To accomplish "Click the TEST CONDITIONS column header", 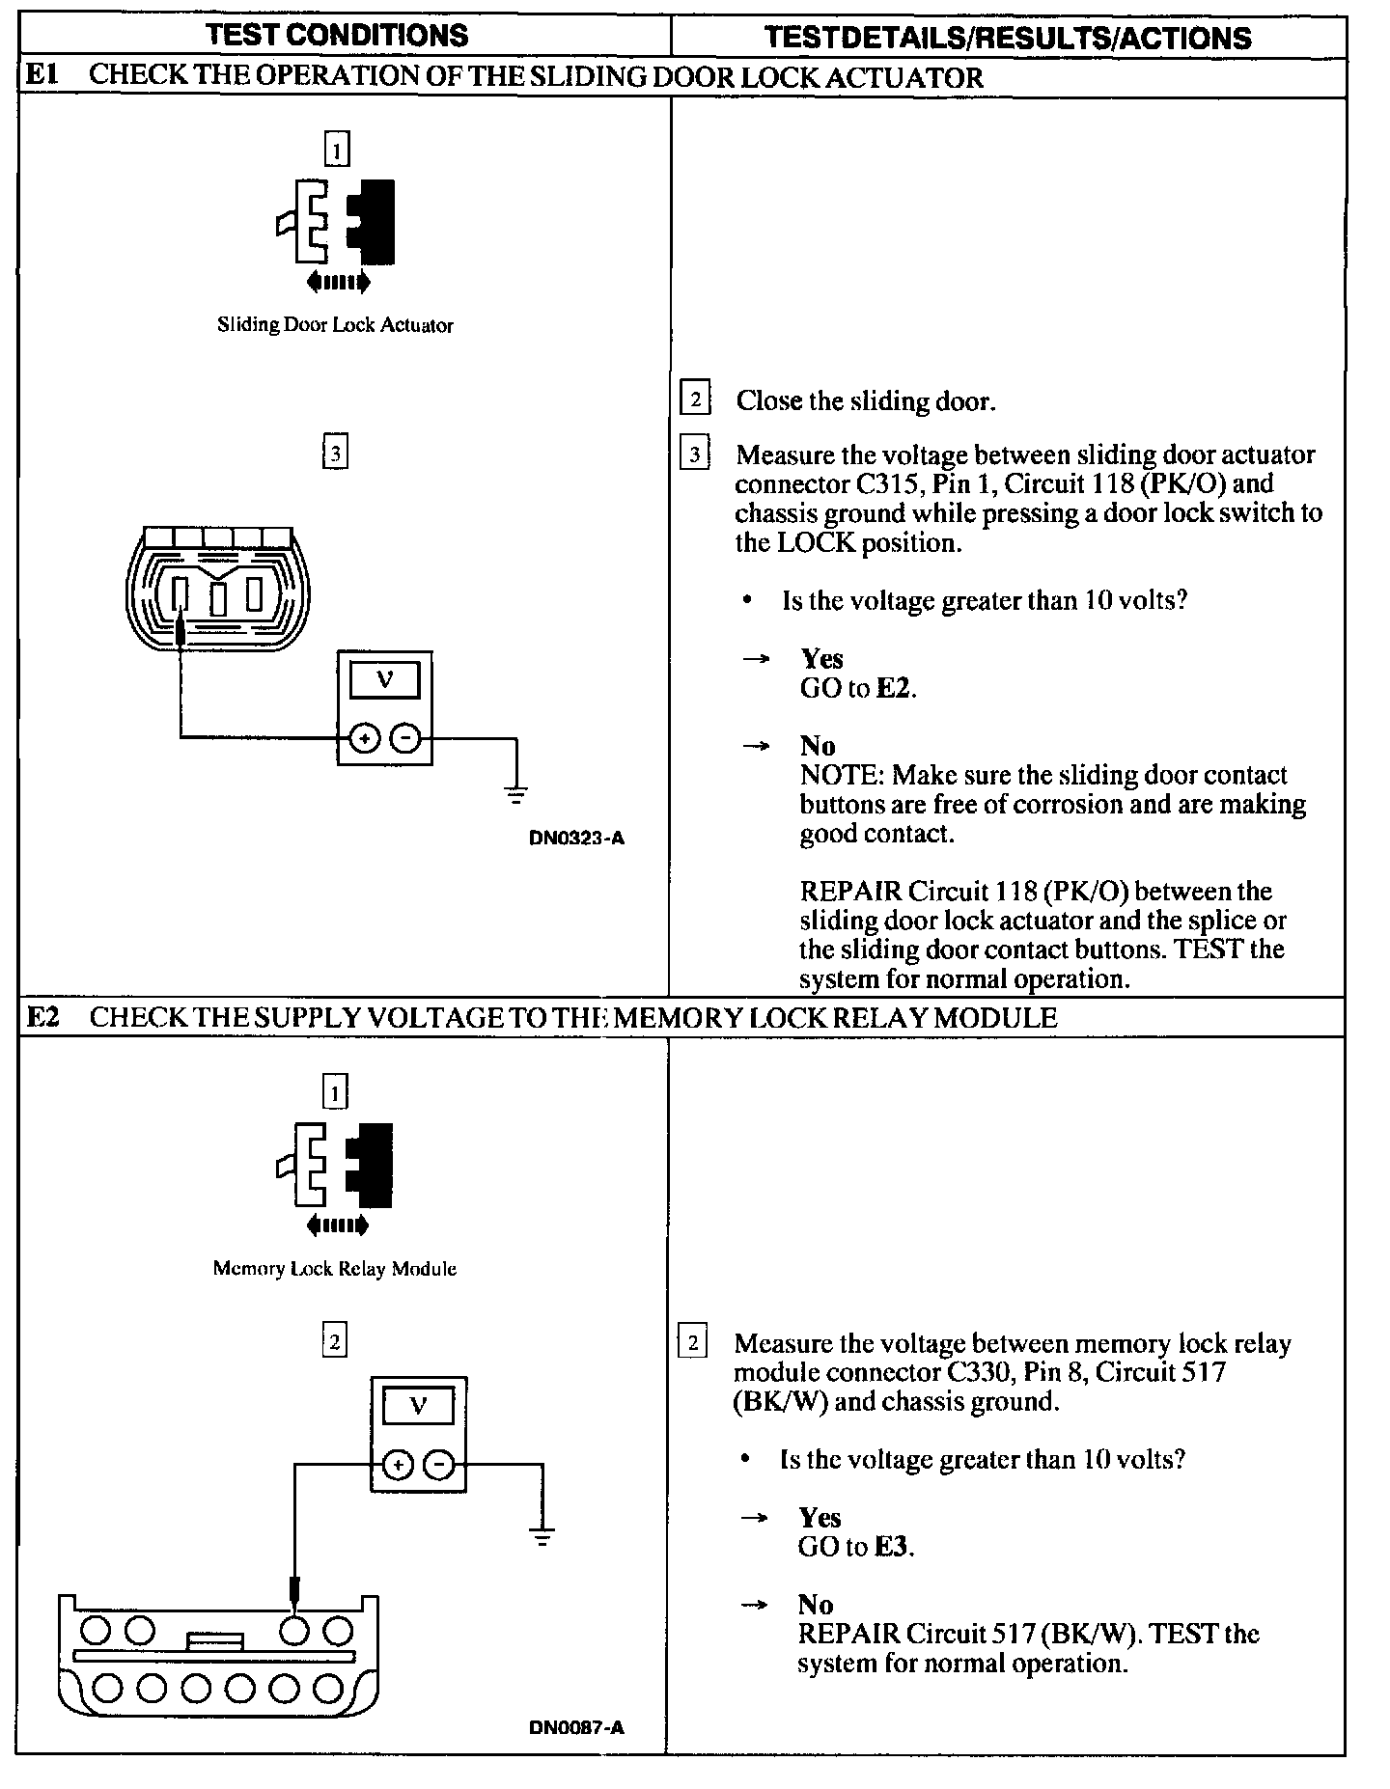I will [337, 36].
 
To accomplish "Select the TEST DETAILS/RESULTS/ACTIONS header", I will [1008, 38].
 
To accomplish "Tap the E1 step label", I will [42, 76].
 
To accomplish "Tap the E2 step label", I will [42, 1017].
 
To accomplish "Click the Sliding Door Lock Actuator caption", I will [335, 325].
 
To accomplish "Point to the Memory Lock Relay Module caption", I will [334, 1269].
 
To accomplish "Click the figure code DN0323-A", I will [576, 838].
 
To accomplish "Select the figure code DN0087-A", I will [576, 1727].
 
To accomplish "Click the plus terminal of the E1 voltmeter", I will [364, 739].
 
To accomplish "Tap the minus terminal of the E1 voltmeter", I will [405, 739].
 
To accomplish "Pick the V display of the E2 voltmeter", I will [418, 1406].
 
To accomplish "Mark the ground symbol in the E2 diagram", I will [542, 1537].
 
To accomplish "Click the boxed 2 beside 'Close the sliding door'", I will [695, 399].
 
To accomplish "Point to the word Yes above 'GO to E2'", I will [821, 658].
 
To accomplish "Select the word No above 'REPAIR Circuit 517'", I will [816, 1604].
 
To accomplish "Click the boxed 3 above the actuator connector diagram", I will [335, 453].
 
